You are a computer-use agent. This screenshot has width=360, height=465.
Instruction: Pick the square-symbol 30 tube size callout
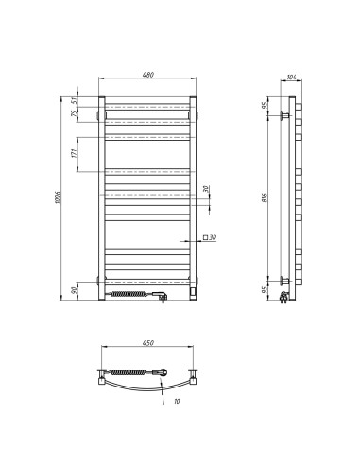pyautogui.click(x=209, y=237)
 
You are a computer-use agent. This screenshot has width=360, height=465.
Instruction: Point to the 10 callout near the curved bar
pyautogui.click(x=177, y=403)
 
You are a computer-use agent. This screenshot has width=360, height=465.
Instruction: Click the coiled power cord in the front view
pyautogui.click(x=131, y=295)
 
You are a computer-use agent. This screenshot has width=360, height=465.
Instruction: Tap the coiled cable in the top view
pyautogui.click(x=133, y=371)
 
